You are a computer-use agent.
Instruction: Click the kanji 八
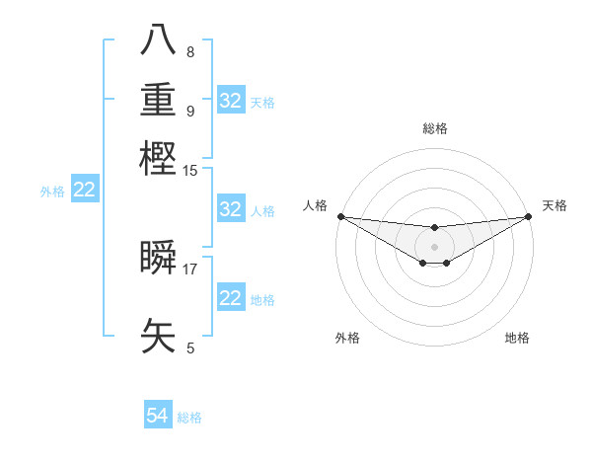(x=159, y=42)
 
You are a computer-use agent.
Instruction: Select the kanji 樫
(x=159, y=158)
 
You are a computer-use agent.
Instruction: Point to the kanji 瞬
(x=159, y=257)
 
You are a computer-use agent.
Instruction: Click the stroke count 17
(x=190, y=268)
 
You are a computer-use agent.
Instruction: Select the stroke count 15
(x=190, y=170)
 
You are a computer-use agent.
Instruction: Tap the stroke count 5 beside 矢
(x=190, y=348)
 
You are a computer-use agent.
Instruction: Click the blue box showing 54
(x=158, y=417)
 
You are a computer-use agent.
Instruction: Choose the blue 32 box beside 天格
(x=231, y=101)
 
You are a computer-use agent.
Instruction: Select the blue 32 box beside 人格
(x=231, y=209)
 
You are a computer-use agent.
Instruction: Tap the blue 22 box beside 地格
(x=231, y=298)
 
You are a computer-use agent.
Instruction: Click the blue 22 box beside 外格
(x=85, y=191)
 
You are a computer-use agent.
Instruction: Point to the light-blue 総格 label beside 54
(x=189, y=418)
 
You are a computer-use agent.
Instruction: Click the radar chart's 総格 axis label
(x=434, y=128)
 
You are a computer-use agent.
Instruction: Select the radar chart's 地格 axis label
(x=517, y=338)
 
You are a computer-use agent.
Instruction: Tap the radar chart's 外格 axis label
(x=347, y=338)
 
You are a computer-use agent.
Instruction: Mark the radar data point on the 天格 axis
(x=529, y=216)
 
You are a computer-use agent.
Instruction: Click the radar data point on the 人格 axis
(x=340, y=216)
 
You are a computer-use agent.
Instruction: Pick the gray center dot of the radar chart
(x=434, y=246)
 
